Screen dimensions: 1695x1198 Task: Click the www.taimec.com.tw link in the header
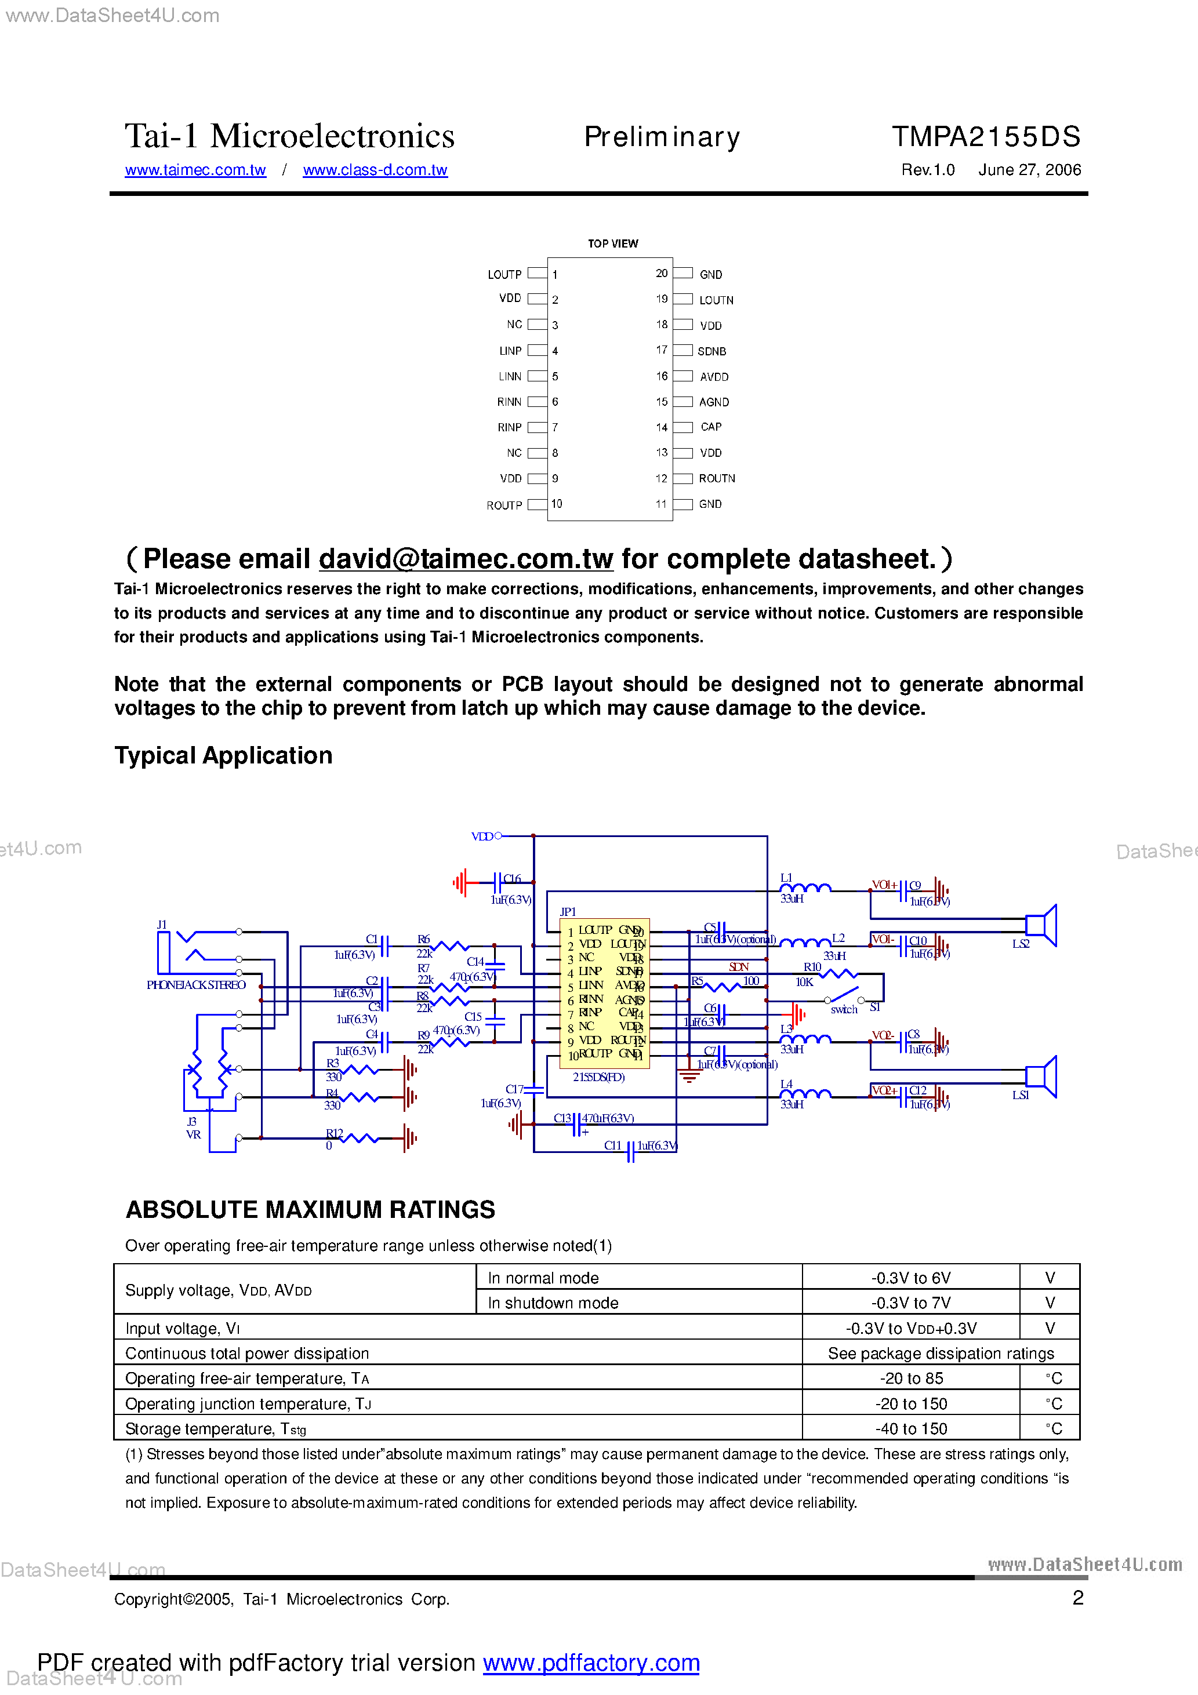(195, 170)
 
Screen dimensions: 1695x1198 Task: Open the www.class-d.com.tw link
(375, 170)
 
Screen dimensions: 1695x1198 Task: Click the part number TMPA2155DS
(985, 137)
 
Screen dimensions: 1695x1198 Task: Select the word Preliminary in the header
(662, 137)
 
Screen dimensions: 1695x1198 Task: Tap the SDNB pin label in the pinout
(711, 351)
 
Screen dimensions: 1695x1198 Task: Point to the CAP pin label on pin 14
(710, 427)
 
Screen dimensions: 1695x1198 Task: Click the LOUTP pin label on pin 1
(504, 275)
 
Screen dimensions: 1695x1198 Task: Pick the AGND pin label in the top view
(713, 402)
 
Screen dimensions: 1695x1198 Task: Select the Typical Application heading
(223, 755)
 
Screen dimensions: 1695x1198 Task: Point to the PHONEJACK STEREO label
(196, 985)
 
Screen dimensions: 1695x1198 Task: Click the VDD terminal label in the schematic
(481, 836)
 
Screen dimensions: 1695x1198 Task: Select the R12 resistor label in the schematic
(335, 1133)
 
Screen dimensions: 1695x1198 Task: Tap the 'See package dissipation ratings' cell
(940, 1353)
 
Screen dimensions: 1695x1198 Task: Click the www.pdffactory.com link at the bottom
(591, 1663)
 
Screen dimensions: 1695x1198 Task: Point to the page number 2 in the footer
(1077, 1598)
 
